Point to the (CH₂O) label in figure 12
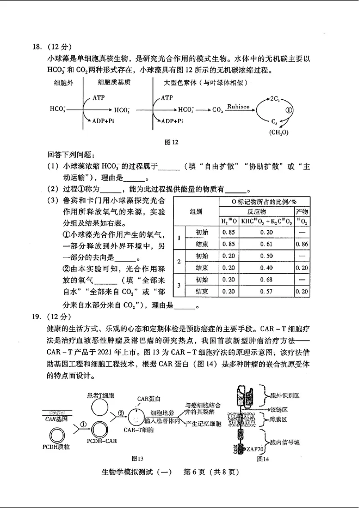click(x=279, y=132)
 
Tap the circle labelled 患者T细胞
click(x=101, y=407)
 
